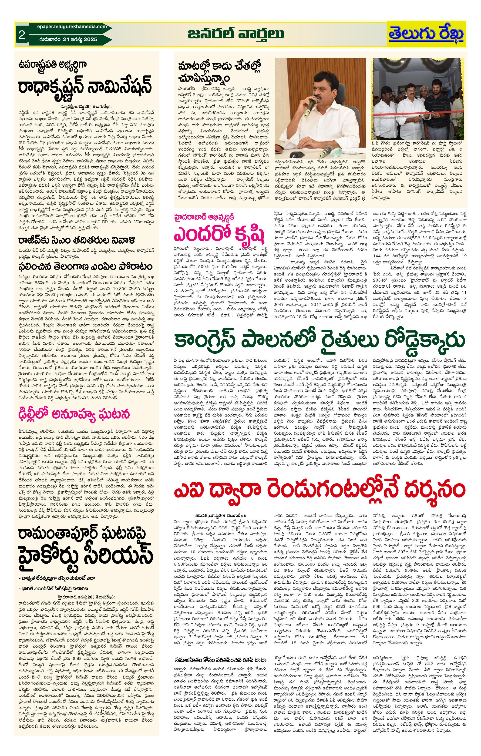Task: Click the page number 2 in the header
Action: (x=22, y=35)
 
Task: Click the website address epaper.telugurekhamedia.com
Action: (x=68, y=27)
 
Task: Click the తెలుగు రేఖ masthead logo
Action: (x=426, y=34)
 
